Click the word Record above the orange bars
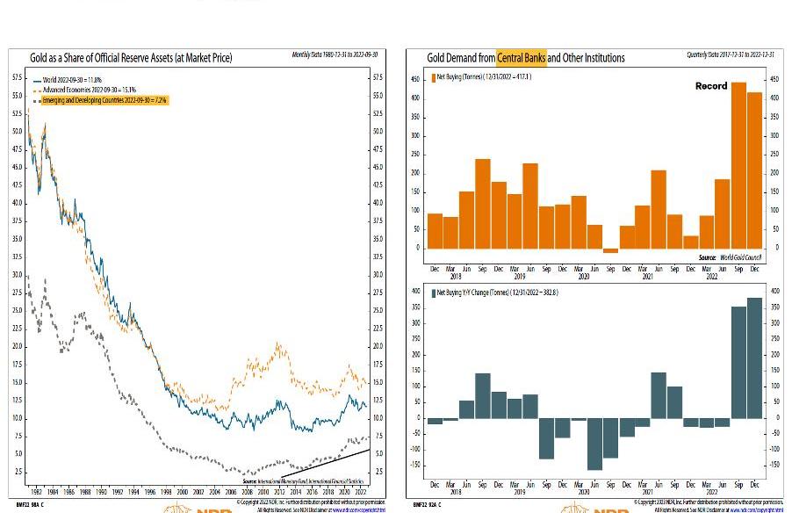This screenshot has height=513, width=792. coord(711,86)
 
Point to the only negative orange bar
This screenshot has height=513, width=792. coord(609,250)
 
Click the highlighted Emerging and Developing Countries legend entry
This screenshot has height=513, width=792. coord(98,100)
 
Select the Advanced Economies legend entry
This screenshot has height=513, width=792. coord(86,90)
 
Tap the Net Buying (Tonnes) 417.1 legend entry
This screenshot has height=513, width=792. coord(485,77)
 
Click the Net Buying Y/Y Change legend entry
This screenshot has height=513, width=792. coord(496,293)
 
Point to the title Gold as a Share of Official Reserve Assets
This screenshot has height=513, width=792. coord(131,58)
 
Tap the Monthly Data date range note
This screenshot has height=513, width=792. coord(335,55)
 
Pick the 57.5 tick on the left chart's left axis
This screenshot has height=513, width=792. coord(17,77)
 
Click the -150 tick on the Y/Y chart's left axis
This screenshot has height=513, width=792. coord(414,466)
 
